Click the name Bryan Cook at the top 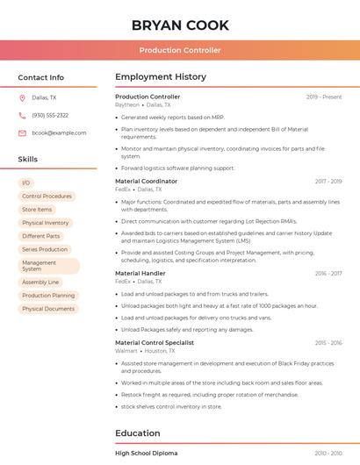point(180,25)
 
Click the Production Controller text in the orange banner point(180,50)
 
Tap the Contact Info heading point(41,77)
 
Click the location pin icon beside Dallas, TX point(22,98)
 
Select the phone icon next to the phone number point(22,116)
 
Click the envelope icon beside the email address point(22,133)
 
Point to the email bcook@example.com point(59,133)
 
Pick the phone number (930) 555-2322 point(50,116)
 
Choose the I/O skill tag point(26,182)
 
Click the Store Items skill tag point(37,210)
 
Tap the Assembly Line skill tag point(40,283)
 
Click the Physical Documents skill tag point(48,309)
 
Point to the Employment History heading point(161,77)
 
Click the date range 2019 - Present point(324,97)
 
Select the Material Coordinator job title point(146,181)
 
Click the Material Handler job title point(140,273)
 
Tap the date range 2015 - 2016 point(328,342)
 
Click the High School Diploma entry point(147,454)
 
